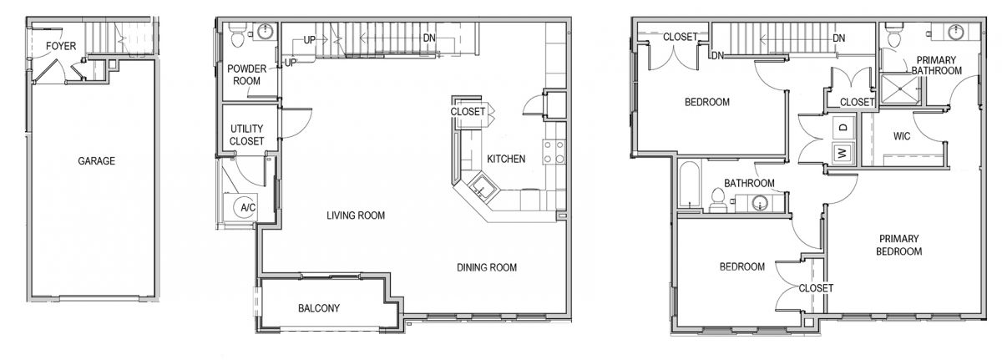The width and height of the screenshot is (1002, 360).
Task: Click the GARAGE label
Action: click(x=96, y=161)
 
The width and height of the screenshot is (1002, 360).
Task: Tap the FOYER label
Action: click(x=61, y=46)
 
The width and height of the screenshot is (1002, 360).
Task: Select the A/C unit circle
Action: click(x=246, y=207)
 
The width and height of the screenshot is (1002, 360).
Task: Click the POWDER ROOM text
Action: click(x=246, y=74)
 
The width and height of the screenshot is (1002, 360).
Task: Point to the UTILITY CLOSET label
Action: click(x=246, y=135)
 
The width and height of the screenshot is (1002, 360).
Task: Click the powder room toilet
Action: click(x=236, y=36)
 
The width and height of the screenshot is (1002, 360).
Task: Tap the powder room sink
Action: click(x=266, y=31)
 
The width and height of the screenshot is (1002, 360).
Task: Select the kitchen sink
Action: click(x=483, y=187)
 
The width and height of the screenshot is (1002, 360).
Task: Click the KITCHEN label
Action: click(x=506, y=159)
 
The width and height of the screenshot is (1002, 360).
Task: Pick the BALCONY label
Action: click(x=319, y=308)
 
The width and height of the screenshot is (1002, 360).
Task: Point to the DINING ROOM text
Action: click(x=487, y=267)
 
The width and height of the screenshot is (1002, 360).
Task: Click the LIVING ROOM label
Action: click(x=356, y=215)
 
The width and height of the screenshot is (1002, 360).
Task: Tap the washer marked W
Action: click(x=843, y=153)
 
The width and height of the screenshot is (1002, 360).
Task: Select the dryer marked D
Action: click(x=843, y=128)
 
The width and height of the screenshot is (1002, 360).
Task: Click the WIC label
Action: click(x=901, y=136)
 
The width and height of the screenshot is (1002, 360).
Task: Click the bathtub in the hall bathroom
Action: click(x=688, y=185)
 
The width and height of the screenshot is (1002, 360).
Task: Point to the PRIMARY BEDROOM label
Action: click(x=898, y=245)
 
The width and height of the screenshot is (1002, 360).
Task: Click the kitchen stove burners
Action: click(x=554, y=152)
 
